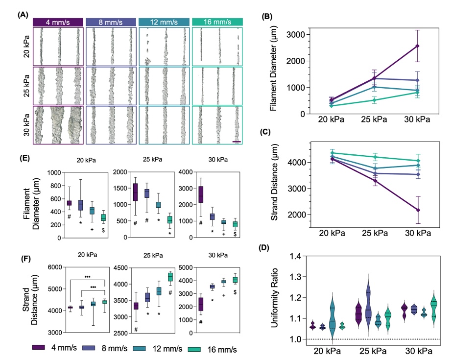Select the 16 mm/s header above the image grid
217,22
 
